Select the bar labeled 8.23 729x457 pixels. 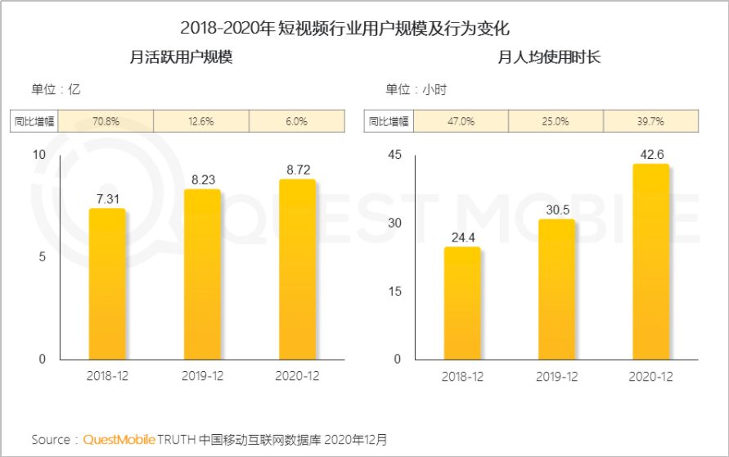[x=201, y=274]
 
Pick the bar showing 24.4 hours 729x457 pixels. [x=462, y=303]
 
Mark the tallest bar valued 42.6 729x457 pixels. [x=650, y=261]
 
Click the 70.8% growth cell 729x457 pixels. [x=106, y=121]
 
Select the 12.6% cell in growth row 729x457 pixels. [x=201, y=121]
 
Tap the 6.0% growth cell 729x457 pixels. [x=296, y=121]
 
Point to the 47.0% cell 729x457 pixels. [x=461, y=121]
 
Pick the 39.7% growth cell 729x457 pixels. [x=650, y=121]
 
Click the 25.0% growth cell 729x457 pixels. [x=556, y=121]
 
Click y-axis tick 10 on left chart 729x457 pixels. [x=39, y=155]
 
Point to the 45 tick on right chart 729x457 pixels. [x=394, y=155]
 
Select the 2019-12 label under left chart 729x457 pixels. [x=201, y=376]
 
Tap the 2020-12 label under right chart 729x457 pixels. [x=650, y=376]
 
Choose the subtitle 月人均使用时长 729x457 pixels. [x=550, y=57]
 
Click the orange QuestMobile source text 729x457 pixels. [x=119, y=440]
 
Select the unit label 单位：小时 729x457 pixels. [x=416, y=89]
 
